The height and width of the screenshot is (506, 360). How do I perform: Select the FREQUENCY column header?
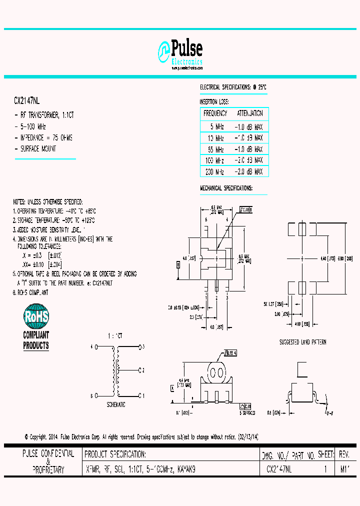click(x=215, y=113)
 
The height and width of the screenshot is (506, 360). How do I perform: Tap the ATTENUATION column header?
click(x=249, y=113)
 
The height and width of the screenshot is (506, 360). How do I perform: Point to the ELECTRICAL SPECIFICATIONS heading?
click(x=233, y=87)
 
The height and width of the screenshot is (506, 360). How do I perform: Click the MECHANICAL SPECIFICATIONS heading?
click(x=226, y=188)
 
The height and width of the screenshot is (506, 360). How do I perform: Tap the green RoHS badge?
click(x=36, y=317)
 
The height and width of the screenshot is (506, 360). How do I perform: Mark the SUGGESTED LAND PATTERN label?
click(x=302, y=342)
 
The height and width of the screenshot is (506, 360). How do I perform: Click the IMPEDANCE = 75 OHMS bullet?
click(x=46, y=137)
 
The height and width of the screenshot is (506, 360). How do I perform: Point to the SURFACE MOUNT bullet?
click(x=38, y=148)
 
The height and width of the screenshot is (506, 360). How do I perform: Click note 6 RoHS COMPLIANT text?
click(x=31, y=291)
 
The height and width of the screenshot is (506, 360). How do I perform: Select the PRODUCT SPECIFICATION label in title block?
click(x=115, y=454)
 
